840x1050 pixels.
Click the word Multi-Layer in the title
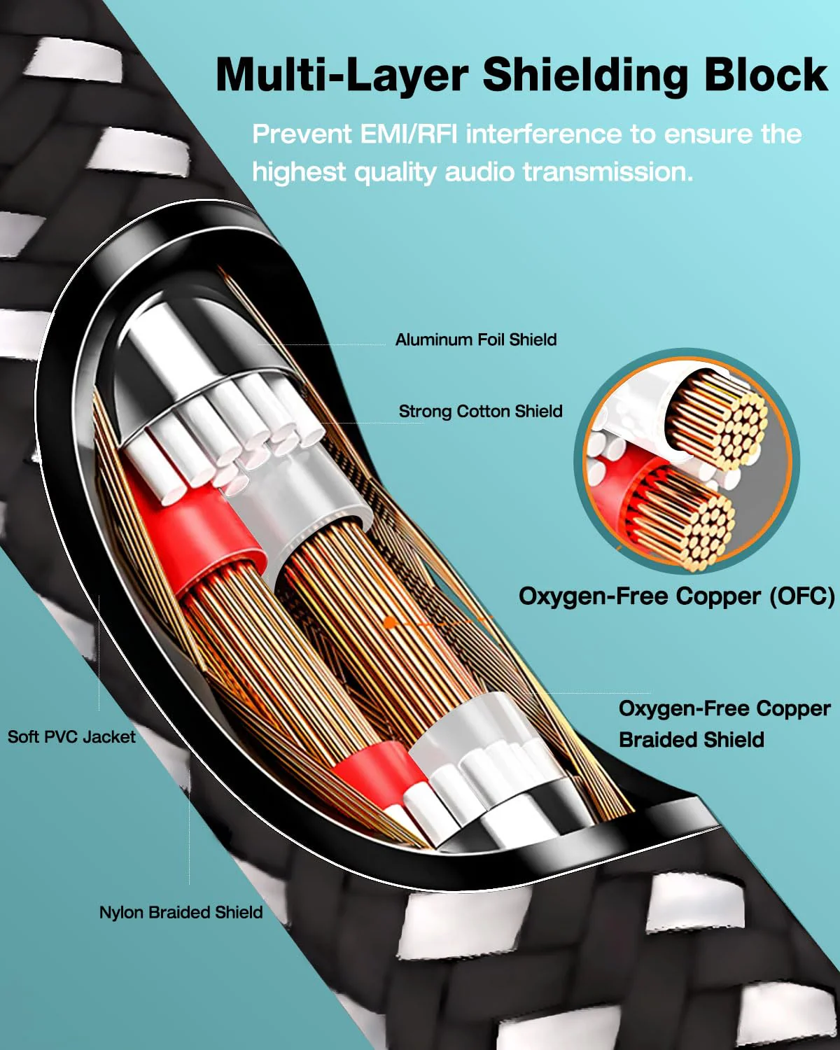click(342, 76)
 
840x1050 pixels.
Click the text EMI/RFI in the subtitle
click(409, 134)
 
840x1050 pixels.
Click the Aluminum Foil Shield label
click(476, 339)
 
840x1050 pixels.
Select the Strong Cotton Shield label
click(480, 412)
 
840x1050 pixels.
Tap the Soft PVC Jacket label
click(71, 737)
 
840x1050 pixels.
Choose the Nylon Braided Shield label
click(181, 912)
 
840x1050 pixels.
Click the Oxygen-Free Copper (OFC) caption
click(676, 596)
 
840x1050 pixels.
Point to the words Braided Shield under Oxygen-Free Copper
click(691, 740)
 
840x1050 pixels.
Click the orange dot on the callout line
click(389, 622)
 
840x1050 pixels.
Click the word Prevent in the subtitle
click(302, 134)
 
